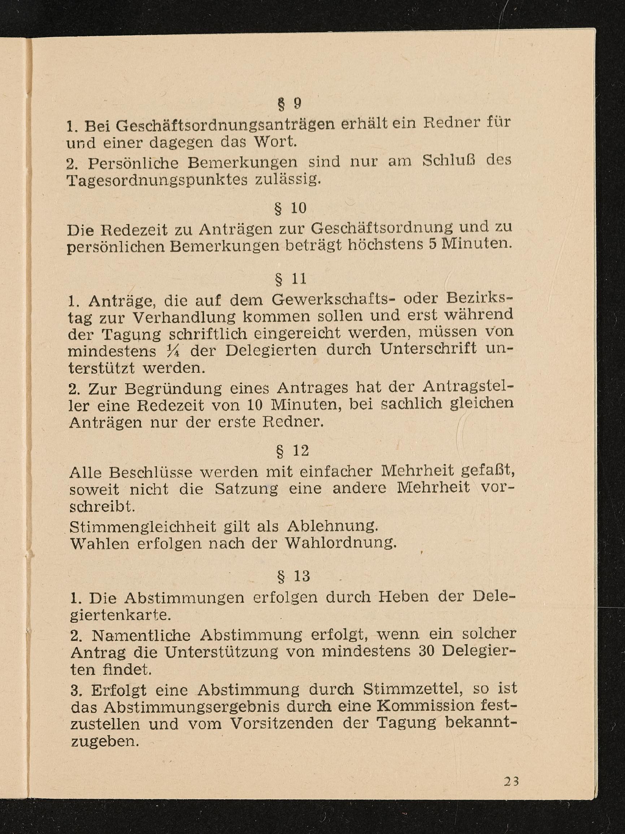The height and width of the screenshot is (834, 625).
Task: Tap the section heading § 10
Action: pos(290,209)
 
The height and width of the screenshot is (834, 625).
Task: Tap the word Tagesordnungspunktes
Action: pos(157,180)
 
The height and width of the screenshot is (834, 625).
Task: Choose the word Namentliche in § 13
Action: pos(141,636)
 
